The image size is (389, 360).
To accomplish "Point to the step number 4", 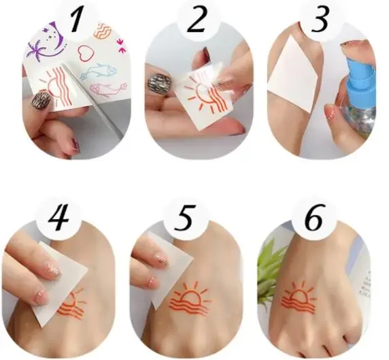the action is [x=58, y=218].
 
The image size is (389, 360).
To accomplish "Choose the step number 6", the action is [x=314, y=218].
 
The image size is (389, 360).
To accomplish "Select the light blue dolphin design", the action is [x=98, y=71].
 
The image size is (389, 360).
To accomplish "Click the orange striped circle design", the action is [x=102, y=31].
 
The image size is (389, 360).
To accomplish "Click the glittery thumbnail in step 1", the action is [x=42, y=101].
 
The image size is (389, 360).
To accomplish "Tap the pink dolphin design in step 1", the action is [x=108, y=89].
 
